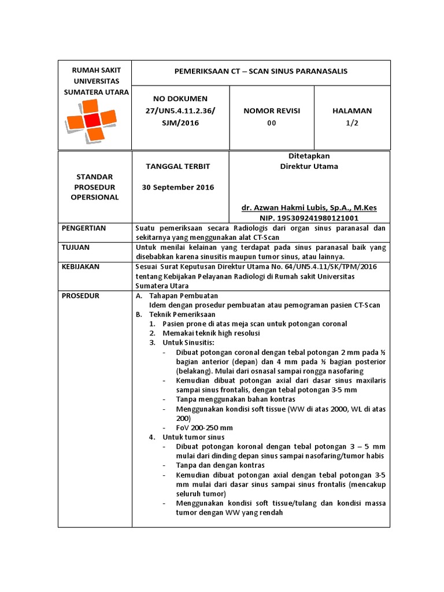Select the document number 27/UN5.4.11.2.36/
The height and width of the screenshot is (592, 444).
[x=180, y=110]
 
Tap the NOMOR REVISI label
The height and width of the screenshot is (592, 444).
[x=272, y=110]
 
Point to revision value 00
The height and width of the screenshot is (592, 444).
[x=272, y=123]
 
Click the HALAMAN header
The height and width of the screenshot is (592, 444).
[x=352, y=110]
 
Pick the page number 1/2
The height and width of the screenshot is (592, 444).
[x=352, y=123]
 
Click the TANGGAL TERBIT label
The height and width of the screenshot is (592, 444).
[x=180, y=166]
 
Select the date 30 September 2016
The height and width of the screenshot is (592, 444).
[x=180, y=187]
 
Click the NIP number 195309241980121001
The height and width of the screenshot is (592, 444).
[x=309, y=218]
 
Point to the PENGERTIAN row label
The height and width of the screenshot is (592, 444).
[x=84, y=228]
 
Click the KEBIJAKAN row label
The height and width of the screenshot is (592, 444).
[x=81, y=267]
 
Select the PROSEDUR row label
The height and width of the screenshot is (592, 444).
[x=80, y=295]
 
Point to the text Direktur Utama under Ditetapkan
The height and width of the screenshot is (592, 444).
[x=309, y=166]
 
